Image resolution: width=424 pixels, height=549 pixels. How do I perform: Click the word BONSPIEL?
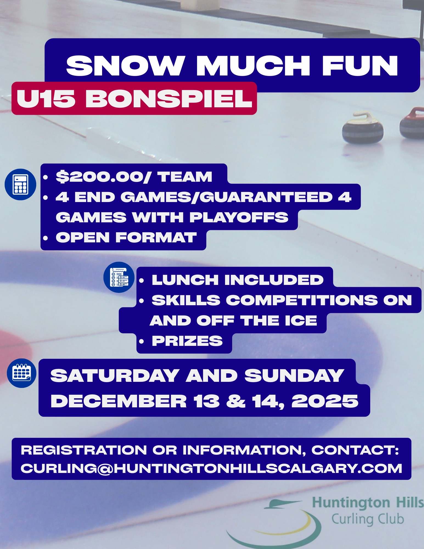tap(169, 99)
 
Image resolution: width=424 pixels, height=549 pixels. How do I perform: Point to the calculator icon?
tap(21, 184)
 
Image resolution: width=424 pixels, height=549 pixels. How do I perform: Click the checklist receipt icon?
tap(119, 277)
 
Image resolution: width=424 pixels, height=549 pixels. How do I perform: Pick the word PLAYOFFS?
tap(239, 217)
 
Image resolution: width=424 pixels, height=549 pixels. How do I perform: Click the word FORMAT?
tap(156, 237)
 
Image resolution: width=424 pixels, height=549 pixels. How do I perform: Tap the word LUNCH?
tap(185, 280)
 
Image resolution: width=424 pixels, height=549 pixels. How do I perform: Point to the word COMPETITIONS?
tap(302, 300)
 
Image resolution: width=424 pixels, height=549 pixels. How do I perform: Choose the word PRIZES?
tap(187, 341)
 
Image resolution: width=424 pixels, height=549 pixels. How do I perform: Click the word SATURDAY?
tap(115, 375)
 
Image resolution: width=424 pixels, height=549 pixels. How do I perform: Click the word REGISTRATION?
tap(84, 450)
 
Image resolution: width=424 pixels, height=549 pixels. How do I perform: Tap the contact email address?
tap(211, 468)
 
